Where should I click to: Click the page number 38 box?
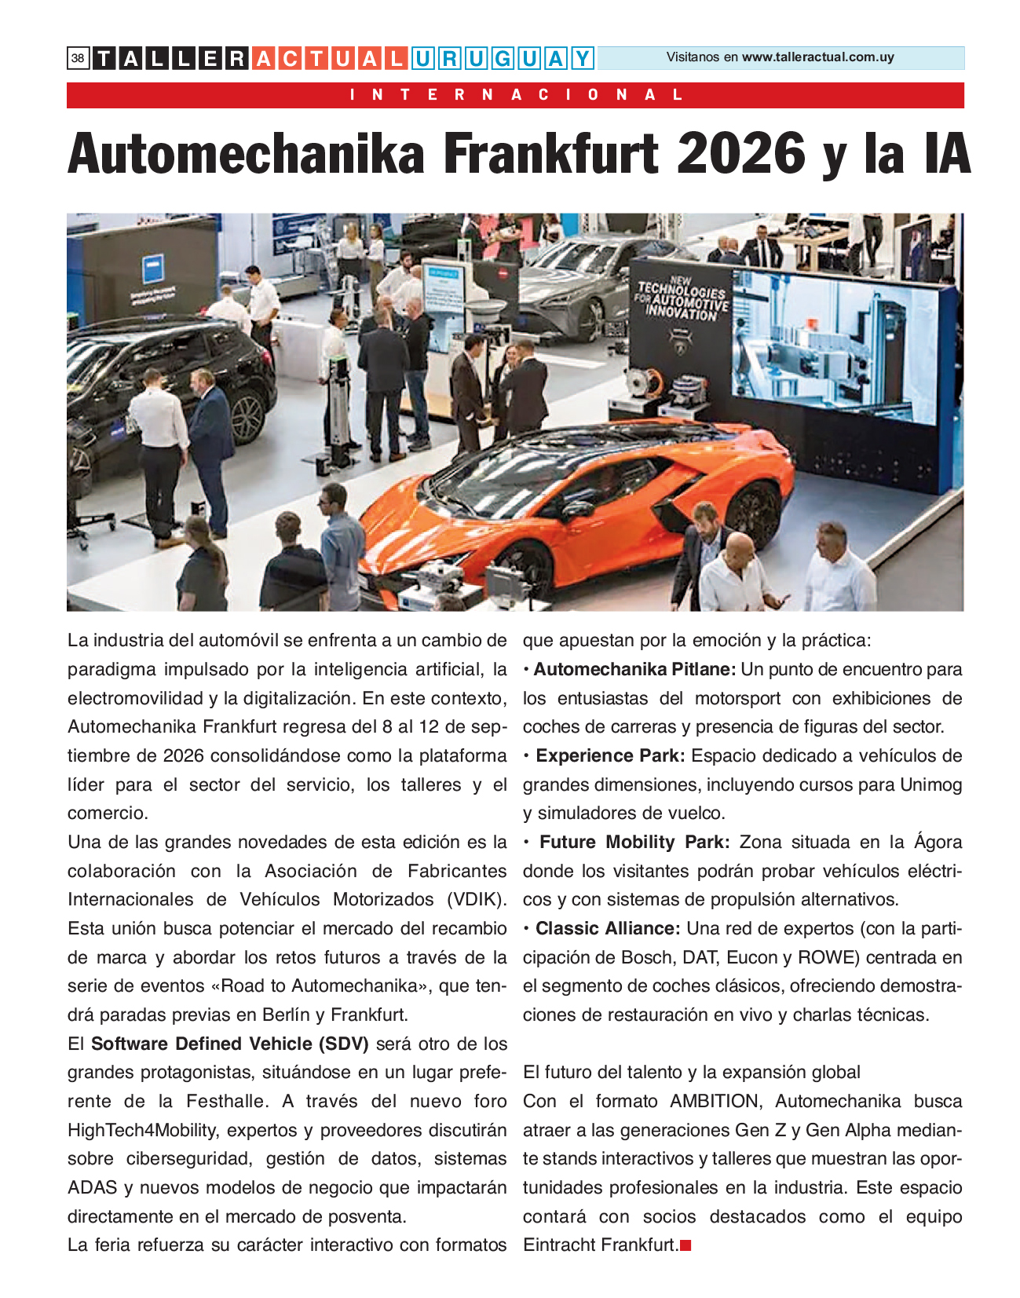[x=78, y=58]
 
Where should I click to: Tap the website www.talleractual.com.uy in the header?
[x=817, y=57]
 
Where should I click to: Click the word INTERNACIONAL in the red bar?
[x=516, y=95]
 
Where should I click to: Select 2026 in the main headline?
[x=741, y=154]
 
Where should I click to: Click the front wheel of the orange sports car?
[x=523, y=565]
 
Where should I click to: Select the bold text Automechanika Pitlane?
[x=634, y=670]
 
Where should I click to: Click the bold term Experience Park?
[x=610, y=756]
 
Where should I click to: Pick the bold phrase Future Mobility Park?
[x=634, y=843]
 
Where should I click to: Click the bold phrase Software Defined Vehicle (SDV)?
[x=229, y=1044]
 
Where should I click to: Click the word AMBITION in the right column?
[x=715, y=1102]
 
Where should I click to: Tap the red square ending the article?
[x=685, y=1245]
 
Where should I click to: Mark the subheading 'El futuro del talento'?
[x=691, y=1073]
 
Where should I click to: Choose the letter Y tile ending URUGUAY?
[x=582, y=58]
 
